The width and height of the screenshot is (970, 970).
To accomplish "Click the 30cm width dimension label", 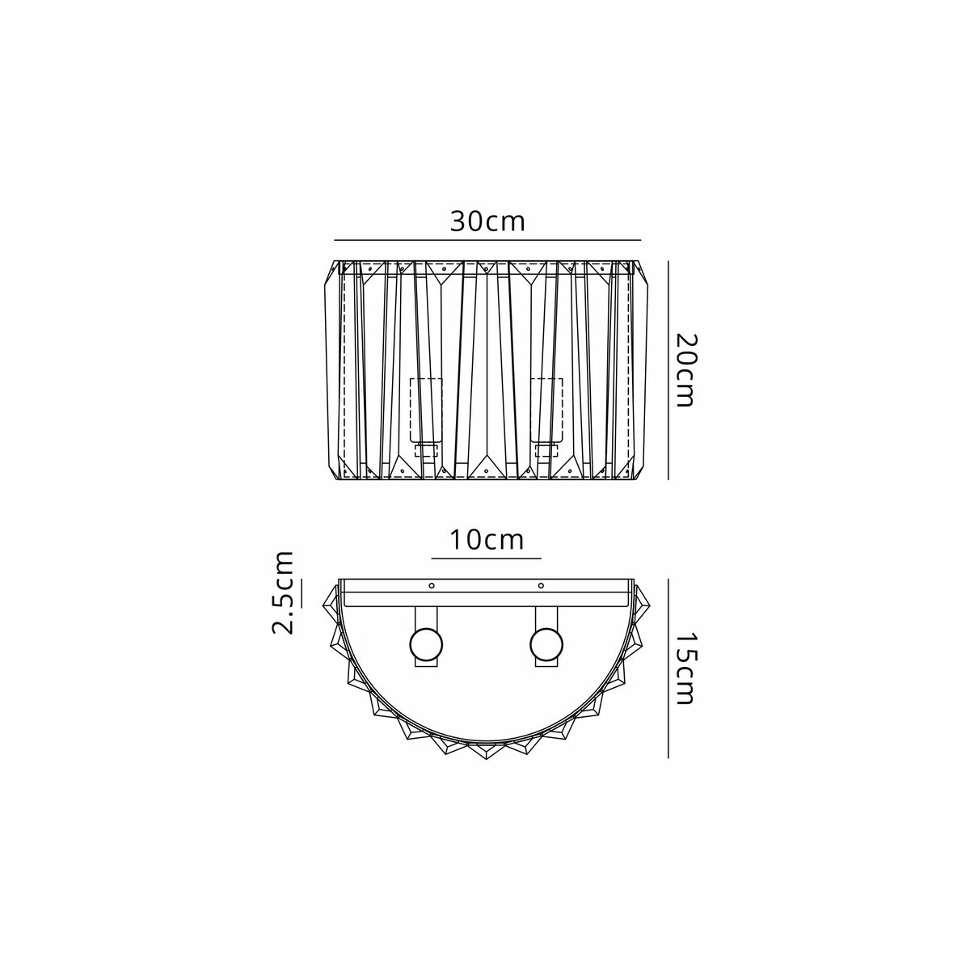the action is click(487, 221).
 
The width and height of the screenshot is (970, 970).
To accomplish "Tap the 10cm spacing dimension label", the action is click(487, 540).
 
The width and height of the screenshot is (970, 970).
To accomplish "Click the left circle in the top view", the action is click(426, 644).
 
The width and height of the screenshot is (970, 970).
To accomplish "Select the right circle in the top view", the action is click(546, 644).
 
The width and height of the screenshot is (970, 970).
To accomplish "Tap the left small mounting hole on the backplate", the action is click(432, 585).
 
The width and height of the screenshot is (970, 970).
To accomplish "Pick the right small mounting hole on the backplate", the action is click(541, 585).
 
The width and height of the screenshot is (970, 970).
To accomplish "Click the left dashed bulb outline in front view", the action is click(426, 411).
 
